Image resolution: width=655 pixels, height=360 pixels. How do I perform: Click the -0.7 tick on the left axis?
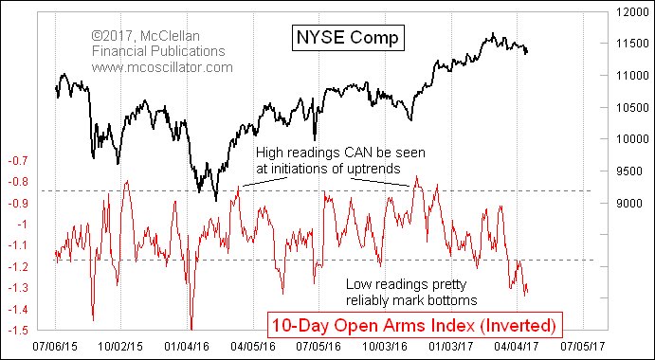(16, 161)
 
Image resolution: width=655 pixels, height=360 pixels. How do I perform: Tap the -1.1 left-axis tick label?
(16, 246)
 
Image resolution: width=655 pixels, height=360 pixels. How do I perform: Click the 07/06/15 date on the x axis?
(56, 348)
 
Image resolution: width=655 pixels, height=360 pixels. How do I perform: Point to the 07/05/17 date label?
(582, 348)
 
